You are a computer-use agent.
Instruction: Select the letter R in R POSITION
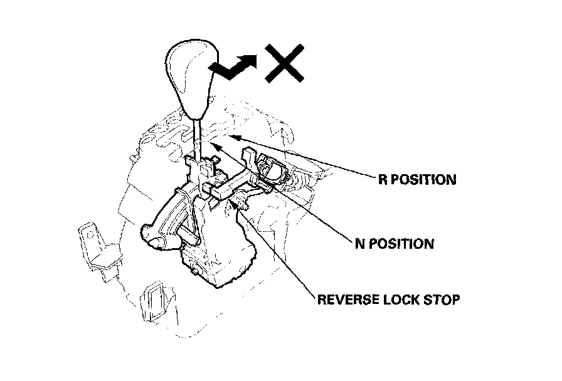click(x=382, y=180)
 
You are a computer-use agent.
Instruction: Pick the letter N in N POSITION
click(x=359, y=243)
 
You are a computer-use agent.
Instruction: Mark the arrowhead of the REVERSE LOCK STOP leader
click(x=238, y=201)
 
